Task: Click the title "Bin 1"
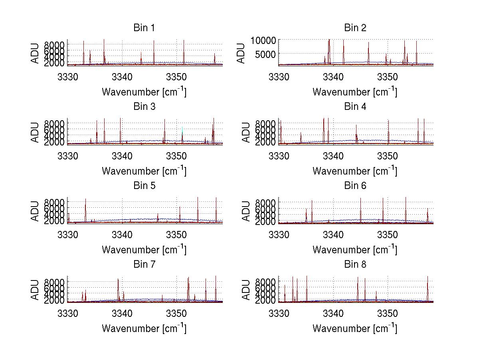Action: (144, 28)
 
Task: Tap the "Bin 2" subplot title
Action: (355, 28)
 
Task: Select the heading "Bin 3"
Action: (144, 107)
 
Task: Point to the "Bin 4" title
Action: (355, 107)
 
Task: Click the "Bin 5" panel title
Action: (144, 186)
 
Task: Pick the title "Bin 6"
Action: (355, 186)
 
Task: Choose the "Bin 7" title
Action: (144, 265)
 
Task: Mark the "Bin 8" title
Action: (355, 265)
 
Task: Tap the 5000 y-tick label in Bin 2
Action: (265, 54)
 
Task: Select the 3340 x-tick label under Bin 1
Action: (122, 76)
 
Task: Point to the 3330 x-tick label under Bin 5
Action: (67, 234)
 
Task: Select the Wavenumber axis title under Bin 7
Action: (144, 328)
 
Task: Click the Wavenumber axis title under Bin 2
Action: (355, 91)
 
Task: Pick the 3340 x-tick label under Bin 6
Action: (333, 234)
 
